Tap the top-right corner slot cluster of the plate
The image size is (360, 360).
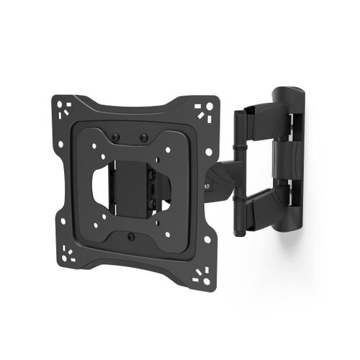(204, 112)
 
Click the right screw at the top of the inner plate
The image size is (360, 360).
(143, 138)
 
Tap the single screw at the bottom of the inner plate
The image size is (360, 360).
(130, 237)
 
